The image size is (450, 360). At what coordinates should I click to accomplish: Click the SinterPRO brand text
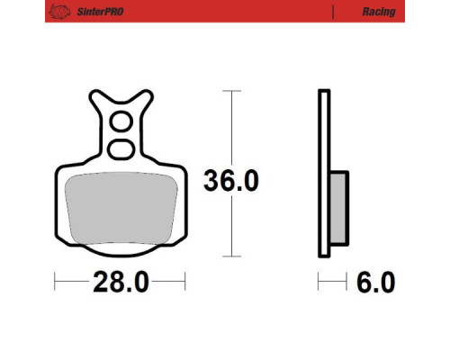(100, 12)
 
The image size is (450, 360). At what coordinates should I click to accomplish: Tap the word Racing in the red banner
(379, 12)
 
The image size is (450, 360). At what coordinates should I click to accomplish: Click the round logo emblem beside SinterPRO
(59, 12)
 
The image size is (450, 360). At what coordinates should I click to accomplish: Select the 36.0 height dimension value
(231, 181)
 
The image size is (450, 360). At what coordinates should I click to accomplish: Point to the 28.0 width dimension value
(121, 282)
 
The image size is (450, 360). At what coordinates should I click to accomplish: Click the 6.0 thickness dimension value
(376, 282)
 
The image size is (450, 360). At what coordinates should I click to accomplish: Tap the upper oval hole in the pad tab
(121, 121)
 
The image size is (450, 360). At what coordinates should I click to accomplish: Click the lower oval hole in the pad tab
(121, 149)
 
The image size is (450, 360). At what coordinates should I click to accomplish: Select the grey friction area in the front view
(121, 208)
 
